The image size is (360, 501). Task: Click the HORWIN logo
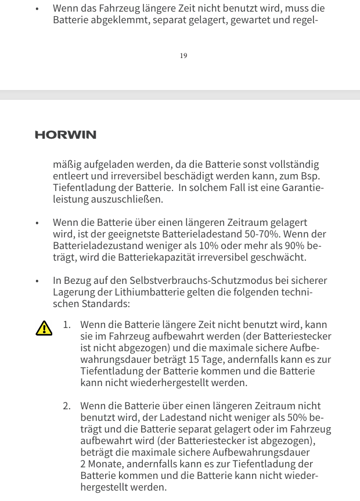(x=66, y=135)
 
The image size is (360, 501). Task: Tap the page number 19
(x=183, y=56)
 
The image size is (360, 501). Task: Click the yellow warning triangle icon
(x=44, y=329)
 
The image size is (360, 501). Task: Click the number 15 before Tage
(x=194, y=359)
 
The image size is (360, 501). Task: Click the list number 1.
(x=66, y=325)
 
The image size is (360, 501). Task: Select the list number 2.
(x=66, y=406)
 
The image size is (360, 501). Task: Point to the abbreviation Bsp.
(x=310, y=176)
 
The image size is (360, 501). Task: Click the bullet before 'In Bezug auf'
(x=37, y=281)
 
